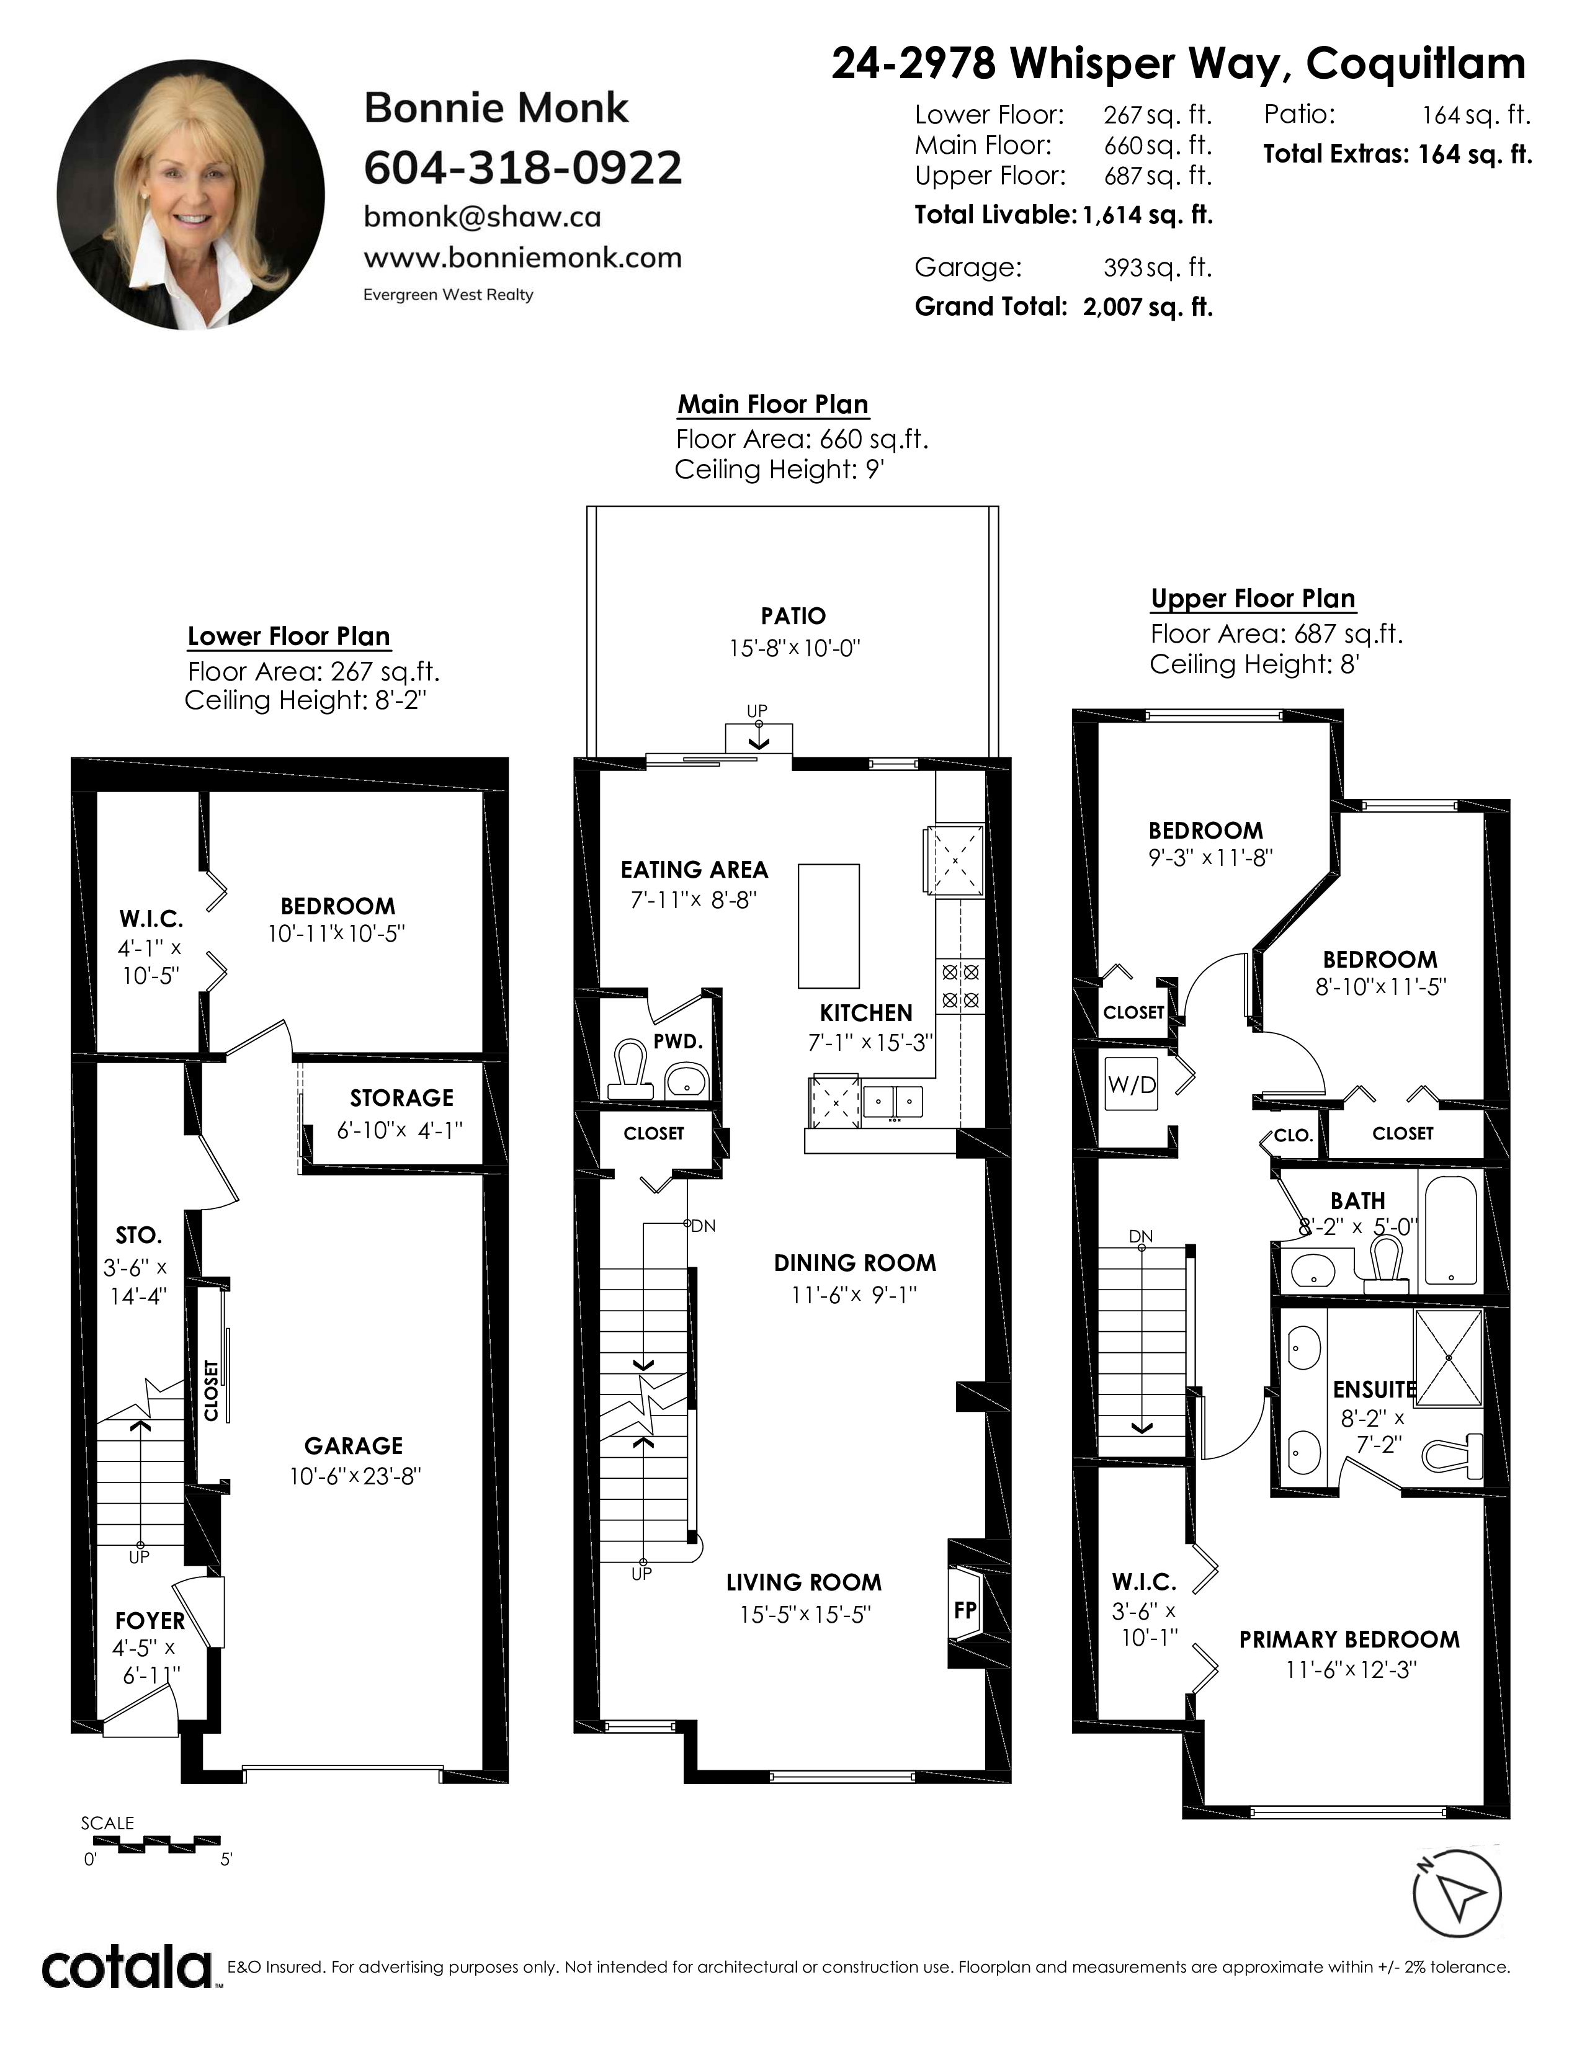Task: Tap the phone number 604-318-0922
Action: coord(523,167)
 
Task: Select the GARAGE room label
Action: coord(354,1446)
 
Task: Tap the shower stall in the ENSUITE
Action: coord(1448,1357)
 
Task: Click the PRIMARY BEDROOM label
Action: coord(1349,1639)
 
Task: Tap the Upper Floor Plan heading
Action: coord(1253,599)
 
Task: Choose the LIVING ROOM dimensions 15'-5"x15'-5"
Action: coord(805,1615)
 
